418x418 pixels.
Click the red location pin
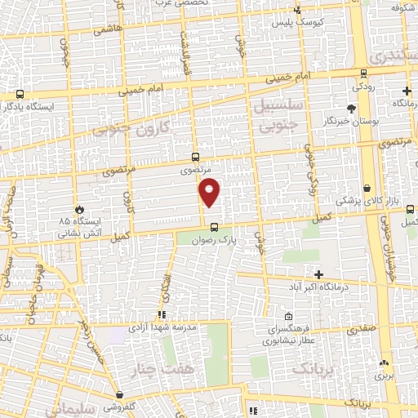[210, 191]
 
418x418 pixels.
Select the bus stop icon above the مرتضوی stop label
[194, 157]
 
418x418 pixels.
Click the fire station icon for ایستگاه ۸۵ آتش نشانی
[79, 209]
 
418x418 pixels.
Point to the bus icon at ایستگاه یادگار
[19, 95]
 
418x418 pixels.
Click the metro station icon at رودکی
[358, 72]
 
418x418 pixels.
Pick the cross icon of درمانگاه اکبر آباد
[319, 274]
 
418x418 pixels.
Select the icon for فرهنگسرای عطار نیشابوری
[288, 317]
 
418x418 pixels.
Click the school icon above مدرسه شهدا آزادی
[162, 313]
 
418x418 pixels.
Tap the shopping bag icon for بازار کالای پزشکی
[367, 189]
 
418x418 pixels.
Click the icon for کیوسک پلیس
[297, 10]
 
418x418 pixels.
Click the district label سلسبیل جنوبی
[281, 116]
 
